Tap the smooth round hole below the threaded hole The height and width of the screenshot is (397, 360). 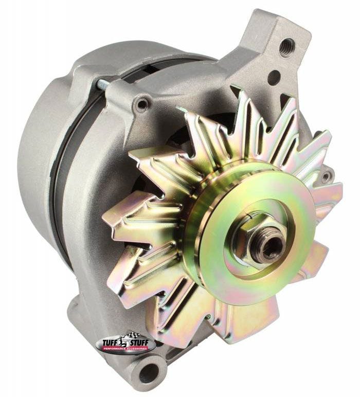pyautogui.click(x=274, y=77)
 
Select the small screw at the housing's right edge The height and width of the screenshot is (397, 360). pyautogui.click(x=325, y=176)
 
